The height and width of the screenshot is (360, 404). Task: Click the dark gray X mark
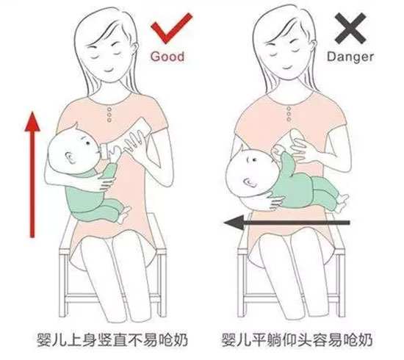pyautogui.click(x=350, y=29)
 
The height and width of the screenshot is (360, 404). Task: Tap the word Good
pyautogui.click(x=167, y=57)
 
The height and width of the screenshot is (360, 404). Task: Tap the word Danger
pyautogui.click(x=350, y=57)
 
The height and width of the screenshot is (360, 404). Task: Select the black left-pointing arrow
pyautogui.click(x=286, y=223)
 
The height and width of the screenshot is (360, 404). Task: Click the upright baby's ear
pyautogui.click(x=70, y=158)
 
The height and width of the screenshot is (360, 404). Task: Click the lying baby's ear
pyautogui.click(x=249, y=182)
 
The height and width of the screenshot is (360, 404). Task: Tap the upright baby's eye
pyautogui.click(x=87, y=143)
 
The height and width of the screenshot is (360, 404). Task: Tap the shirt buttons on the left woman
pyautogui.click(x=109, y=115)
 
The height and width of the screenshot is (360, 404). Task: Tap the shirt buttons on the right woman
pyautogui.click(x=289, y=114)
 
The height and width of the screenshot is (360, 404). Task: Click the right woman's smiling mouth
pyautogui.click(x=287, y=68)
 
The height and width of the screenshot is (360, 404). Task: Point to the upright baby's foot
pyautogui.click(x=124, y=214)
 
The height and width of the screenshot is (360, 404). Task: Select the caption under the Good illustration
pyautogui.click(x=112, y=339)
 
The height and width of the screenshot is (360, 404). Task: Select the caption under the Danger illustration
pyautogui.click(x=297, y=339)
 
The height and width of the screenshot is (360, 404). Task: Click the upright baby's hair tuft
pyautogui.click(x=74, y=127)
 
